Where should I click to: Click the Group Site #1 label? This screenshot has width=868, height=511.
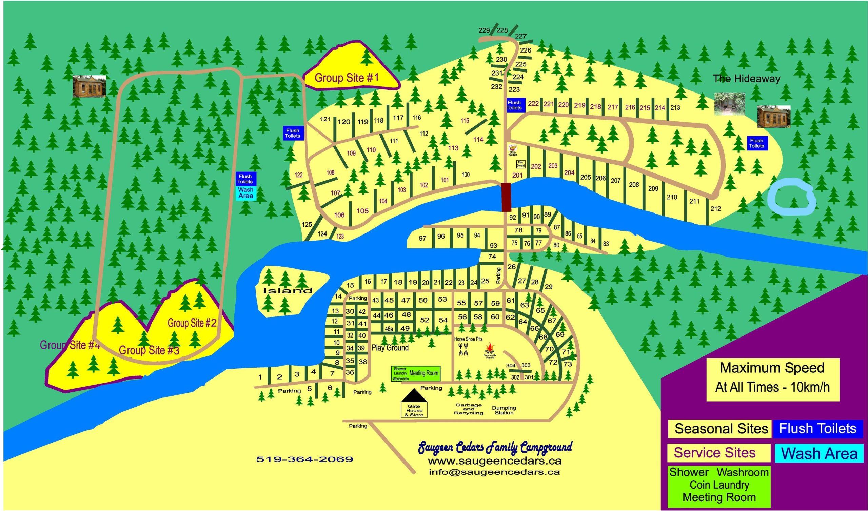[347, 78]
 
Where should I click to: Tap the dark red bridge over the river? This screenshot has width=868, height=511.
[506, 197]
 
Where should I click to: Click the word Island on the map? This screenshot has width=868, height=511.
[288, 291]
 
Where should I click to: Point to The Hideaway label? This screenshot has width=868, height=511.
[746, 79]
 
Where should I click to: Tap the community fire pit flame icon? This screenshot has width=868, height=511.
[489, 347]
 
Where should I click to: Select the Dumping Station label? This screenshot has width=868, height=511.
[504, 410]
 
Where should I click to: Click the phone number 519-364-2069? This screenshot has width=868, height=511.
[304, 459]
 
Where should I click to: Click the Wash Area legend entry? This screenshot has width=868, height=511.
[820, 453]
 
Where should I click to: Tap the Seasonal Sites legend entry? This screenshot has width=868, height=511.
[721, 429]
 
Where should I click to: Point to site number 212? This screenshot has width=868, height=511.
[715, 209]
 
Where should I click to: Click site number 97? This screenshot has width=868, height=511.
[422, 238]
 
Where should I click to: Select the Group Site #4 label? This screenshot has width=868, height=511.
[70, 345]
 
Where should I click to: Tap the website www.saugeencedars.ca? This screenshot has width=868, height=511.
[495, 461]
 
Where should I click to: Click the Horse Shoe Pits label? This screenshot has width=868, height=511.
[468, 339]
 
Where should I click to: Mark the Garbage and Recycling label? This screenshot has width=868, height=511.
[469, 409]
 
